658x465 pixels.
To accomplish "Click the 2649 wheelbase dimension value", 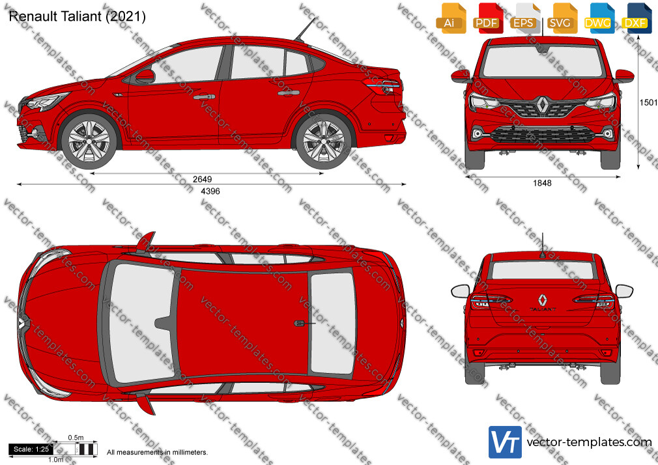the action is pyautogui.click(x=202, y=179).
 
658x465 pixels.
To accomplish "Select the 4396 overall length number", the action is pyautogui.click(x=210, y=191).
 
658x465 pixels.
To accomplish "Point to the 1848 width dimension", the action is pyautogui.click(x=542, y=183).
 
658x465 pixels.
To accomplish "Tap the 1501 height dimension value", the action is pyautogui.click(x=648, y=102).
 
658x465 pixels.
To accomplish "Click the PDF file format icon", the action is pyautogui.click(x=487, y=18).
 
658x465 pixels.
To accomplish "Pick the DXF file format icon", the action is pyautogui.click(x=635, y=18).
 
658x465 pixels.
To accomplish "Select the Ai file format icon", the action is pyautogui.click(x=450, y=18).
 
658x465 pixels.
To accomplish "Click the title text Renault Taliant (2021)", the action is pyautogui.click(x=78, y=16).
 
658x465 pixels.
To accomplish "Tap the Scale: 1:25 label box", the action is pyautogui.click(x=31, y=449).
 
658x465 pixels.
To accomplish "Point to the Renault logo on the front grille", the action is pyautogui.click(x=542, y=104).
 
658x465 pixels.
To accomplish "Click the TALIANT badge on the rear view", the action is pyautogui.click(x=543, y=309).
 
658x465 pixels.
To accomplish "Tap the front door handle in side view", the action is pyautogui.click(x=205, y=96).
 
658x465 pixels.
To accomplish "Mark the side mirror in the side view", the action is pyautogui.click(x=145, y=76).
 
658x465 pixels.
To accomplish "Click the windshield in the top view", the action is pyautogui.click(x=141, y=323).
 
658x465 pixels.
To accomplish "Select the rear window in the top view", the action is pyautogui.click(x=332, y=324).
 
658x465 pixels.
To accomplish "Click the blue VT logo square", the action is pyautogui.click(x=506, y=442).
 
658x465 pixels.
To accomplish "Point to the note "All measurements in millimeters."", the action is pyautogui.click(x=157, y=453).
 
